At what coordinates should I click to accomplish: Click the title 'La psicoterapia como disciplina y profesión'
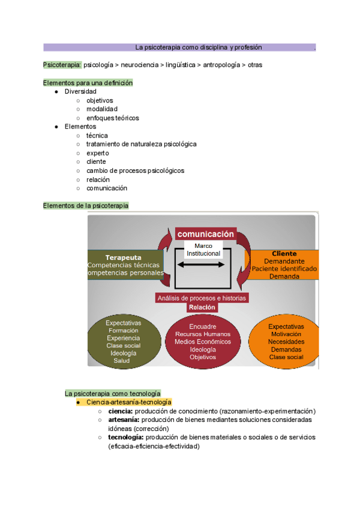pos(198,47)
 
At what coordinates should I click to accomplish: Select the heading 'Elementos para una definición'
pos(88,83)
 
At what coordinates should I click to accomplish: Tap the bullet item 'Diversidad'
pos(80,91)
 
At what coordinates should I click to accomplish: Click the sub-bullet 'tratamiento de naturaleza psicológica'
pos(141,144)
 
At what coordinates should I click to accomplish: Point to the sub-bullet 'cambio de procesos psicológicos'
pos(135,170)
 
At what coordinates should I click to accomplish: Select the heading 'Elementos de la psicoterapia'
pos(86,205)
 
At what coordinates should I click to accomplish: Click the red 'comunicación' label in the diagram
pos(205,234)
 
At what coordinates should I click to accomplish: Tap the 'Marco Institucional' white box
pos(203,250)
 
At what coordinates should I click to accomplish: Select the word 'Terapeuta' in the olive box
pos(124,257)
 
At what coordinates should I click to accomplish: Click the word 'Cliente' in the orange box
pos(284,254)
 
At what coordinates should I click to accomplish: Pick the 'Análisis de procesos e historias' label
pos(202,298)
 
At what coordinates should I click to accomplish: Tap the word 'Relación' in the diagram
pos(202,307)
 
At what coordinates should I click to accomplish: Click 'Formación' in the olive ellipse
pos(123,330)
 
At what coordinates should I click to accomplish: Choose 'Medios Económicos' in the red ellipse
pos(202,342)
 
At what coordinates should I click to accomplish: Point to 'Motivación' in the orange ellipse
pos(286,334)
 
